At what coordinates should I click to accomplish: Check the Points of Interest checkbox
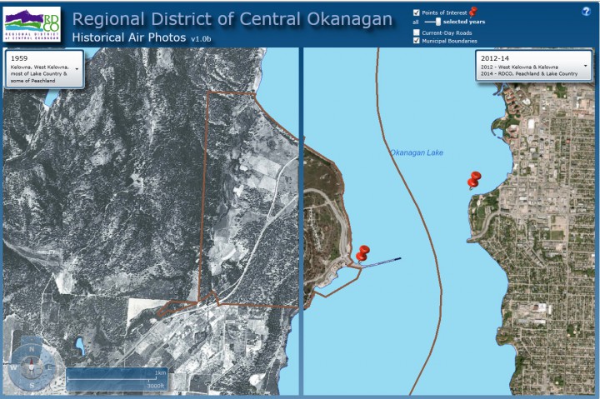point(417,12)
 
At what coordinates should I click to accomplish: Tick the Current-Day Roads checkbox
point(417,32)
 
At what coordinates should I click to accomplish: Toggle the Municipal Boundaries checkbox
point(417,41)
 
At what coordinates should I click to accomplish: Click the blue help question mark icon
point(586,12)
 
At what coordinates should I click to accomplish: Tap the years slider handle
point(438,22)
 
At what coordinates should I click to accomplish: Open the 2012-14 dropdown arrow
point(585,65)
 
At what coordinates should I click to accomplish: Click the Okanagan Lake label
point(415,152)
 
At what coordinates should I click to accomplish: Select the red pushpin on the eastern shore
point(474,179)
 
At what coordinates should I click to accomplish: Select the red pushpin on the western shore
point(362,253)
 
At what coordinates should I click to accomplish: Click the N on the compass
point(31,349)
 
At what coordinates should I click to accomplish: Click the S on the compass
point(31,385)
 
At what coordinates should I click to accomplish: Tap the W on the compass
point(13,367)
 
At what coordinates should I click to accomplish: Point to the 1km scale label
point(160,372)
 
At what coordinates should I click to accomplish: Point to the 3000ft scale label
point(155,387)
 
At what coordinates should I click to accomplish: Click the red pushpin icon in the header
point(473,11)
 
